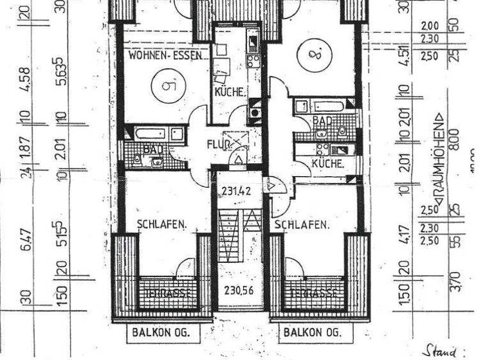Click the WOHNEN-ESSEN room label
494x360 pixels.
click(166, 56)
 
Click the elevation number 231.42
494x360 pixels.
click(236, 190)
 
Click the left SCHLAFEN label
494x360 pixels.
click(161, 224)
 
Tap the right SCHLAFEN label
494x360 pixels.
click(302, 225)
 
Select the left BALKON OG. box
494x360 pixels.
click(165, 333)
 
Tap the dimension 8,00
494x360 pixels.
click(454, 138)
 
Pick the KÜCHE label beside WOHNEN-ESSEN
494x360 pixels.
click(230, 93)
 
